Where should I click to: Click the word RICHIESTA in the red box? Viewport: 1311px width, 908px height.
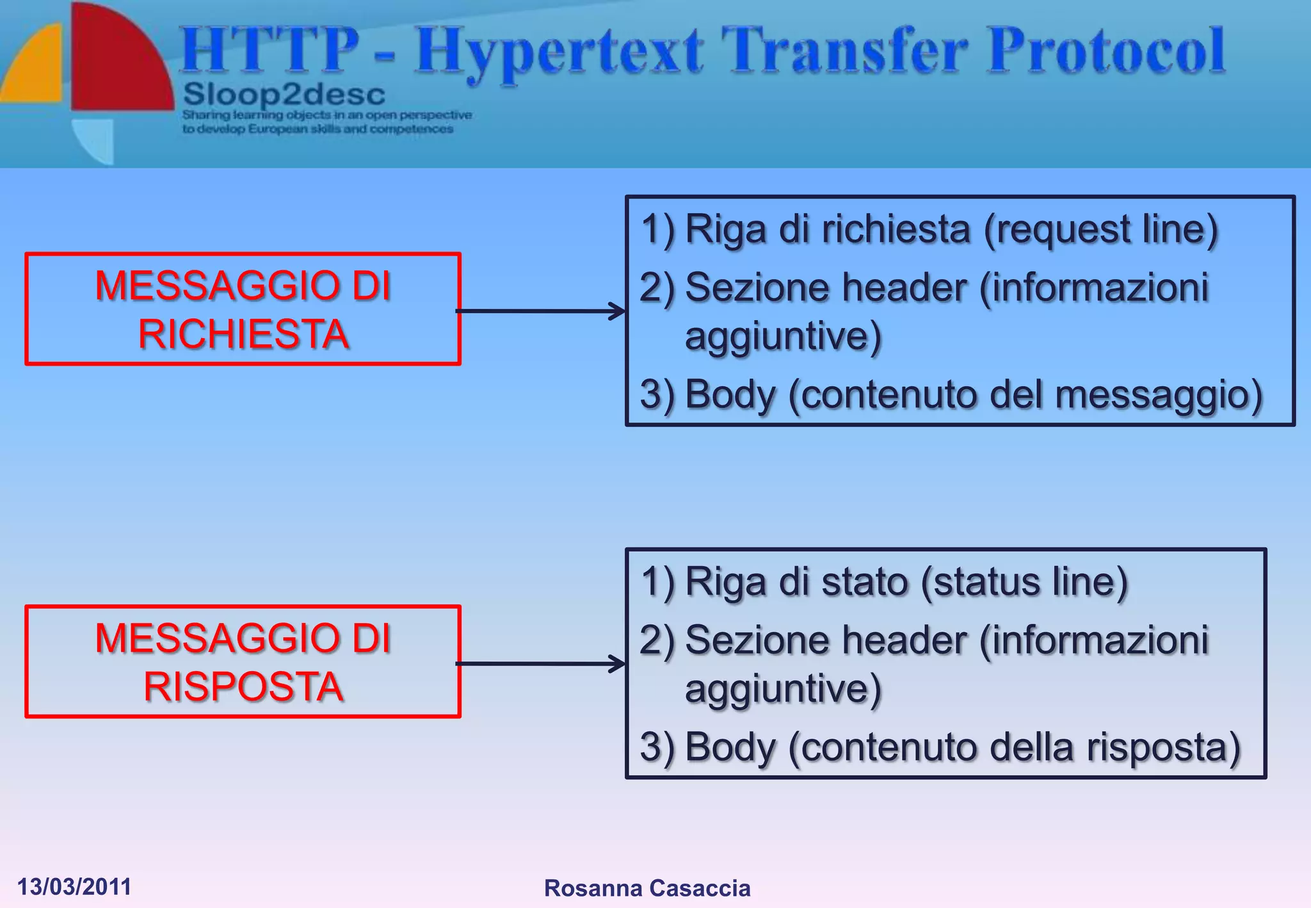click(x=243, y=335)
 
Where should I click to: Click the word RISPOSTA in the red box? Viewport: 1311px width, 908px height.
click(x=243, y=687)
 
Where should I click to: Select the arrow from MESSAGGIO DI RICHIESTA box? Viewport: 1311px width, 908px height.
click(x=541, y=311)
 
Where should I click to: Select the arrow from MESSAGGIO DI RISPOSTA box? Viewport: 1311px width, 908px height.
click(x=541, y=664)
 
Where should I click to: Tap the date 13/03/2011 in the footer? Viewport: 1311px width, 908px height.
click(x=74, y=887)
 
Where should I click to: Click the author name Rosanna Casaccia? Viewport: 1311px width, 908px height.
click(x=647, y=888)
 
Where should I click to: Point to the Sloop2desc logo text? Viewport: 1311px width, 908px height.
click(x=284, y=95)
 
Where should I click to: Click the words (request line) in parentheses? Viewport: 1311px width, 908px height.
click(x=1100, y=229)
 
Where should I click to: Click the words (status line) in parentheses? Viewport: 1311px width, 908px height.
click(x=1024, y=582)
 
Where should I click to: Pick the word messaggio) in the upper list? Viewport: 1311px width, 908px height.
click(x=1159, y=394)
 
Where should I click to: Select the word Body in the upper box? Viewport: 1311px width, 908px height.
click(x=730, y=394)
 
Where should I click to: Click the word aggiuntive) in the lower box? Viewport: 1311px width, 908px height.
click(x=783, y=689)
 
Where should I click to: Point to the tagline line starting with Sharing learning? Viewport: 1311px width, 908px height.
click(x=327, y=115)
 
